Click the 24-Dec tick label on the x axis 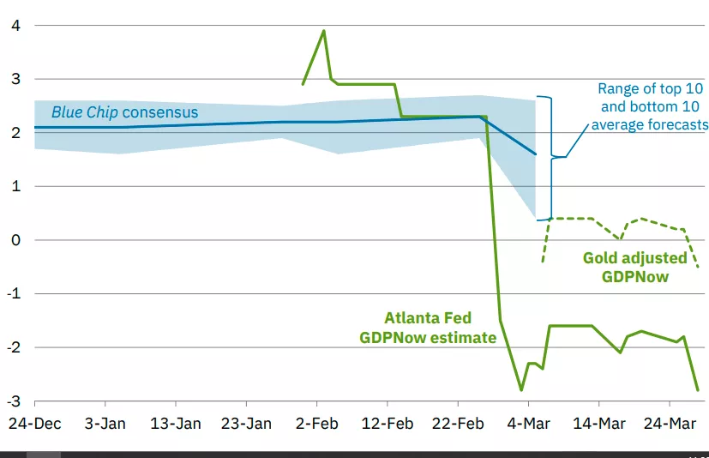coord(34,423)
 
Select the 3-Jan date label coord(105,423)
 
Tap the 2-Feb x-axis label coord(316,423)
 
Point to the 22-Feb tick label coord(457,423)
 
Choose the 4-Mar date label coord(528,423)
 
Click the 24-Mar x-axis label coord(670,423)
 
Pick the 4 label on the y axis coord(15,26)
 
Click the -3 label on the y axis coord(14,401)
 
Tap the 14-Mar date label coord(598,423)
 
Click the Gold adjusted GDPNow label coord(635,267)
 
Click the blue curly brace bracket coord(550,157)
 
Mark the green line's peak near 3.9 coord(323,31)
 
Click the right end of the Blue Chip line coord(535,154)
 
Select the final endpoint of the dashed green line coord(698,267)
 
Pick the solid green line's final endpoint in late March coord(698,390)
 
